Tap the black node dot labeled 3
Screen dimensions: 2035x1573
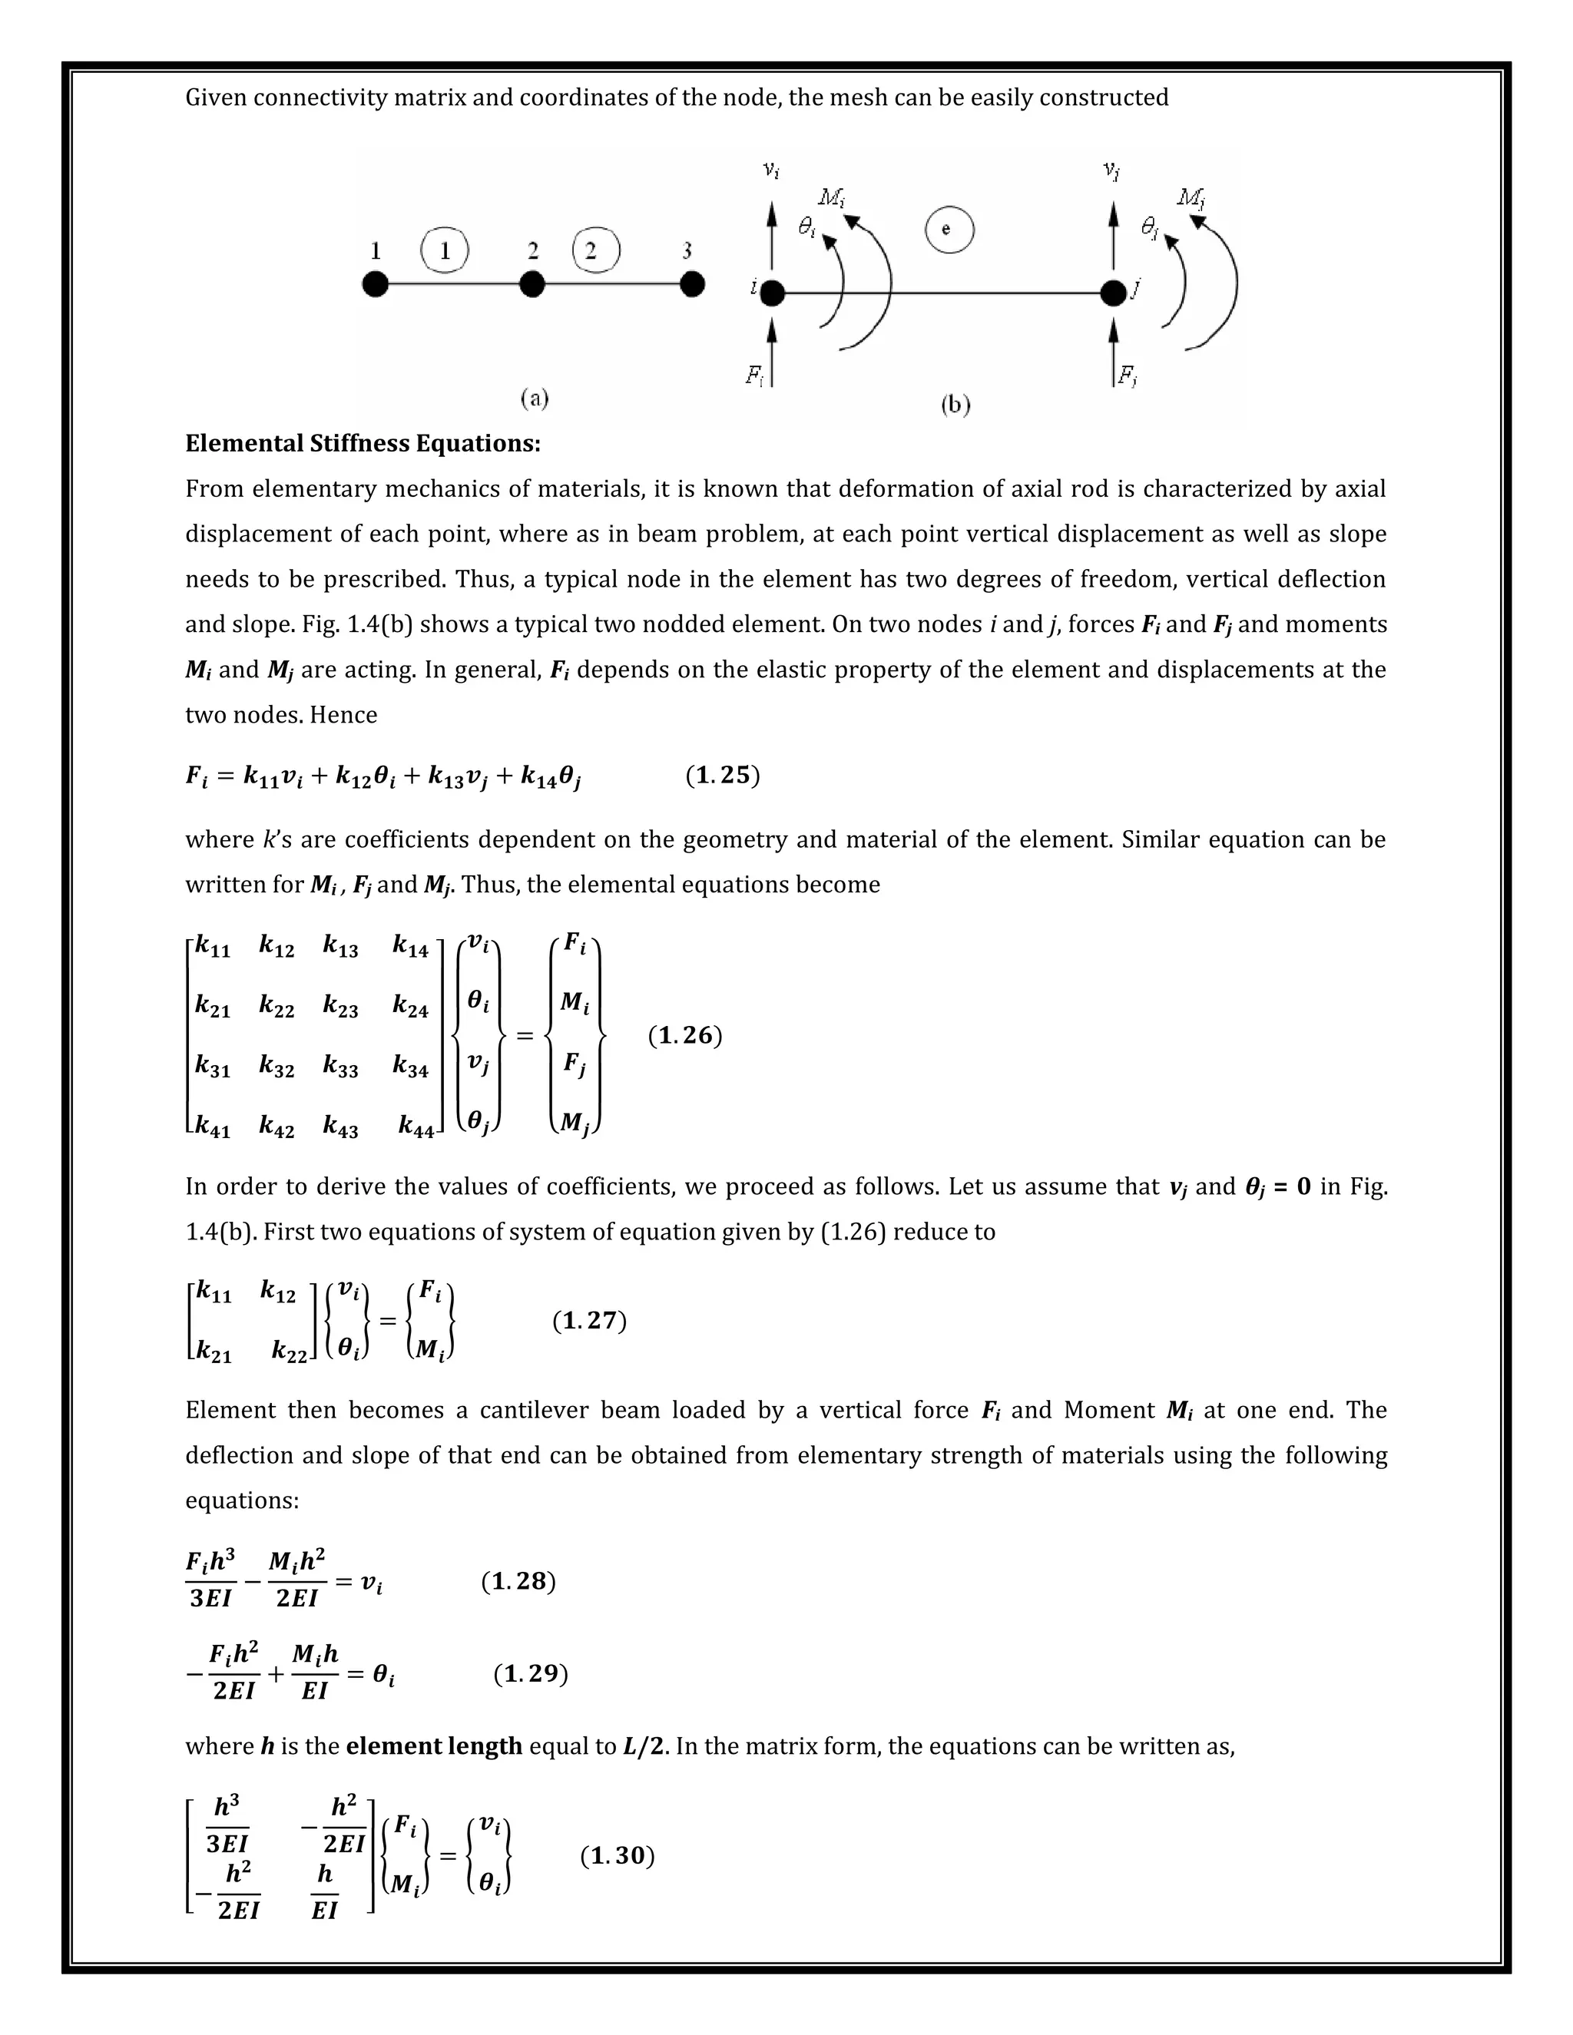691,285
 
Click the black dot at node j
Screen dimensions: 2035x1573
1113,293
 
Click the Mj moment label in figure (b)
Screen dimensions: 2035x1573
1190,197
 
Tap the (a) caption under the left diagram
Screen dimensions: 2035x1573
534,399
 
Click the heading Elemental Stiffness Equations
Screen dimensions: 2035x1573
363,444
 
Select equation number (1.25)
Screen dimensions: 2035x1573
722,776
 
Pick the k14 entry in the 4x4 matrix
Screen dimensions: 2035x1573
410,948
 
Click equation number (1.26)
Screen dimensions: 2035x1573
685,1035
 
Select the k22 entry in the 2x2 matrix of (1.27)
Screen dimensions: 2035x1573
289,1352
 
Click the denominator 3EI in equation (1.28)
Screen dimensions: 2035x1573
210,1598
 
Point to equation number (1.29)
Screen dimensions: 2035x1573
530,1673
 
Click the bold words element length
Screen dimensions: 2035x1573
433,1746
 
